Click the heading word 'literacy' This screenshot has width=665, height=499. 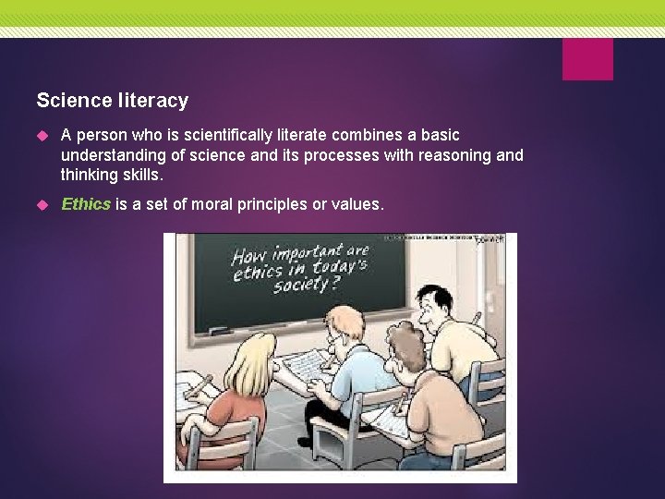[x=158, y=100]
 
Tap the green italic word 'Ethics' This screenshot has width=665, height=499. [x=86, y=204]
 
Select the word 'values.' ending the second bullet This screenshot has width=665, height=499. [x=356, y=204]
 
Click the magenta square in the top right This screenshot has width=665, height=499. [x=587, y=59]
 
